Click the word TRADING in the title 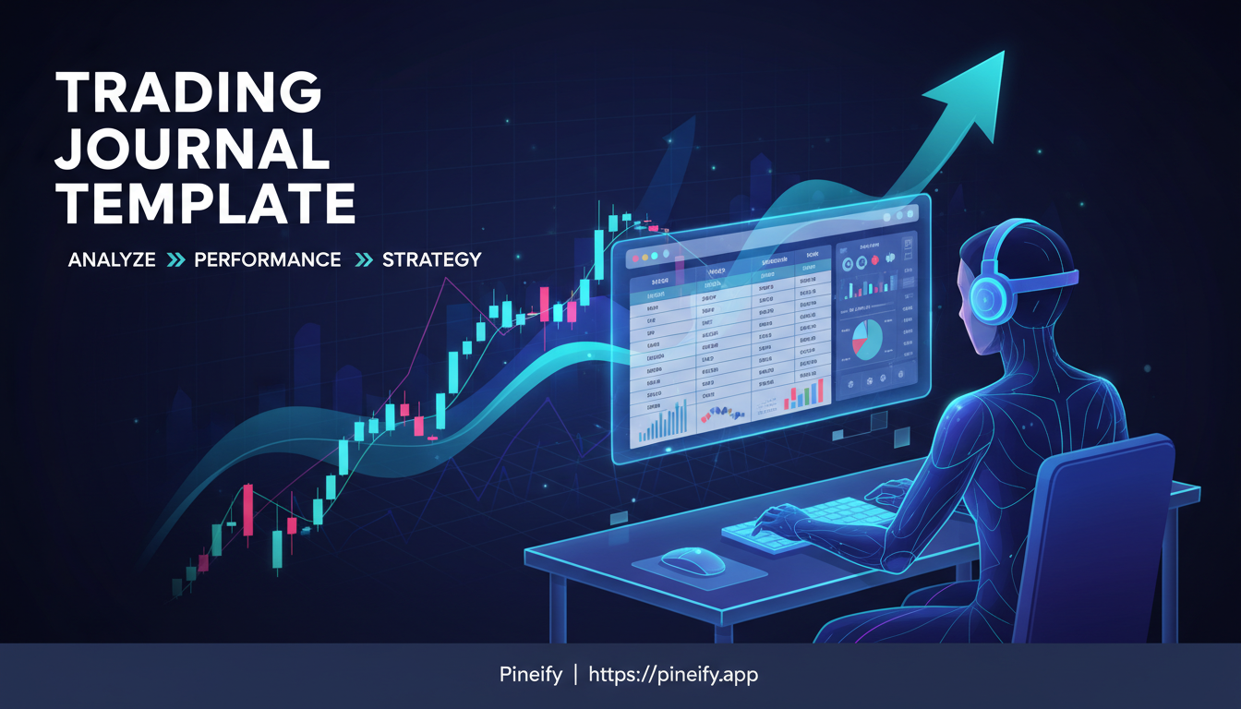click(188, 93)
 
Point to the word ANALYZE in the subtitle click(112, 260)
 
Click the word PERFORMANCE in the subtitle click(268, 260)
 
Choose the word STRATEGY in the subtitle click(431, 260)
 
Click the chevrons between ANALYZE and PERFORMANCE click(175, 260)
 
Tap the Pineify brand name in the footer click(524, 675)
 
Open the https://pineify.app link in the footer click(673, 675)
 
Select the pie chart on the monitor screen click(866, 338)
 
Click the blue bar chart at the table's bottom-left click(662, 423)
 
